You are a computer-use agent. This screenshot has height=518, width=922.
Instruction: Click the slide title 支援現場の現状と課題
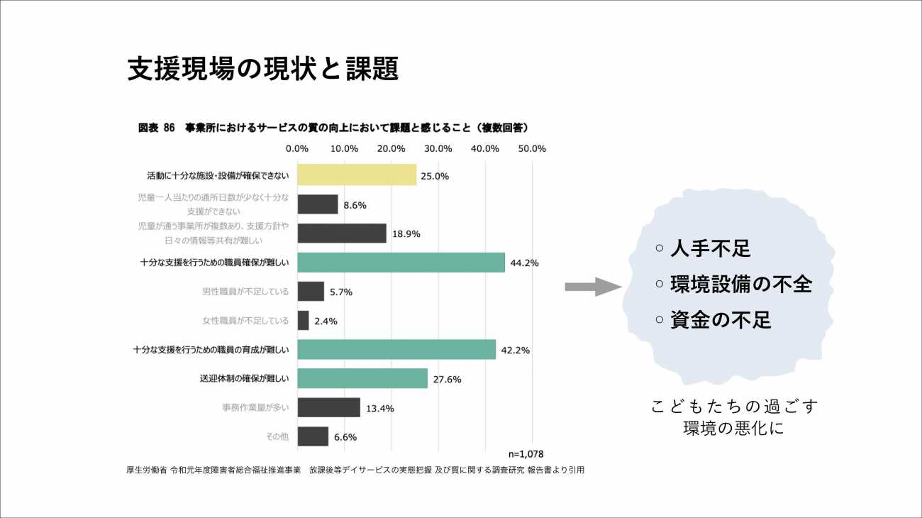(x=262, y=69)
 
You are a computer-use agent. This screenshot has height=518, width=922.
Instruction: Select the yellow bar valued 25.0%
(x=357, y=175)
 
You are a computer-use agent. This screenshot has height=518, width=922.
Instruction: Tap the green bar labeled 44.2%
(x=401, y=263)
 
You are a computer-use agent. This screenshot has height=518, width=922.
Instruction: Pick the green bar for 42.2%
(x=396, y=350)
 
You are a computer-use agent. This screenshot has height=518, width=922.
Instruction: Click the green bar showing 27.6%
(x=362, y=378)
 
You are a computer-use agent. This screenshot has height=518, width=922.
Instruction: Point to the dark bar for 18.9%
(x=342, y=233)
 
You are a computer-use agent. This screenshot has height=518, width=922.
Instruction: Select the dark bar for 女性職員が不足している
(x=304, y=321)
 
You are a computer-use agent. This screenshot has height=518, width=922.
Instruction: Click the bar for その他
(x=313, y=436)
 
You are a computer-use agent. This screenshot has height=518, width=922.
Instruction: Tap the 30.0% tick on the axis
(x=438, y=148)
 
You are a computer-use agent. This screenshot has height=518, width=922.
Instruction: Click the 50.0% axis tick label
(x=532, y=148)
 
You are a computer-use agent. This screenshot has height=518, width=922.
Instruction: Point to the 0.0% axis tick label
(x=296, y=148)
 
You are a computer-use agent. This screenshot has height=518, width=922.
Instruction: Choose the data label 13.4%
(x=379, y=409)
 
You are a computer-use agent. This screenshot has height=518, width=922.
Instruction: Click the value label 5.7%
(x=340, y=292)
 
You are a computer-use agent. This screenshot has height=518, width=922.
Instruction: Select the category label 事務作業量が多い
(x=255, y=408)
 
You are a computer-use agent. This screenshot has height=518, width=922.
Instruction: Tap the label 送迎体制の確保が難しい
(x=244, y=379)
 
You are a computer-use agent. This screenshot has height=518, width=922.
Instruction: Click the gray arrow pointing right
(x=593, y=287)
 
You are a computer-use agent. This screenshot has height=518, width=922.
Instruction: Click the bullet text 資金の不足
(x=720, y=320)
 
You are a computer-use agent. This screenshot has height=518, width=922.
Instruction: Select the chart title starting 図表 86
(x=333, y=128)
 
